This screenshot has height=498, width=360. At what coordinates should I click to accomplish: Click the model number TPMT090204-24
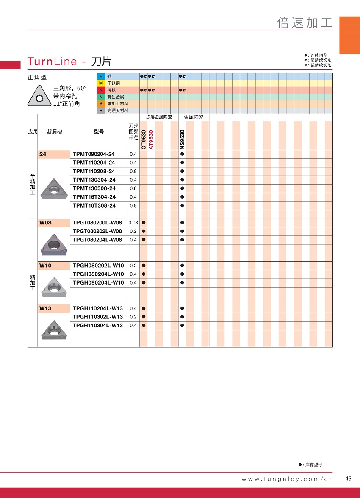coord(94,154)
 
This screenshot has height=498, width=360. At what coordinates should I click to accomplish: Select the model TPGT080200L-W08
coord(97,223)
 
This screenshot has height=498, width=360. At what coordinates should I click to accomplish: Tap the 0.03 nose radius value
coord(133,223)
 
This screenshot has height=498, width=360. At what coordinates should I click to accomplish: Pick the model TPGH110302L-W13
coord(97,317)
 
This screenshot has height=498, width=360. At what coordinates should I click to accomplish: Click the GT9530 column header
coord(144,139)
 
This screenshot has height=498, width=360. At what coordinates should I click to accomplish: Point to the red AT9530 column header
coord(151,139)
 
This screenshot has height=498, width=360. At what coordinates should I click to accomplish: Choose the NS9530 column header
coord(182,139)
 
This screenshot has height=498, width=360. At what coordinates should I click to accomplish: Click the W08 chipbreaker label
coord(45,223)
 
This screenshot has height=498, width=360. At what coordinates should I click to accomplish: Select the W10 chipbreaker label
coord(45,266)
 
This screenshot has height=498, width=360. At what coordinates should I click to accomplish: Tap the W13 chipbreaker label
coord(45,308)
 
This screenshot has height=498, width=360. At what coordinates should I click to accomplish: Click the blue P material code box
coord(101,76)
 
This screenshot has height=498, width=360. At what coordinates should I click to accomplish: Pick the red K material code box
coord(101,90)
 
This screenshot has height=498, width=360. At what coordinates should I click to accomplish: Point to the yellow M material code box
coord(101,83)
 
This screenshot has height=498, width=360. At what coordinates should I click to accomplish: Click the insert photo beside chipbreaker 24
coord(54,188)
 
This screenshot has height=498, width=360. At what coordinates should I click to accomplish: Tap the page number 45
coord(348,479)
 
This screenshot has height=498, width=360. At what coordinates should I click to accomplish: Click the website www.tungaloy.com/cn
coord(287,479)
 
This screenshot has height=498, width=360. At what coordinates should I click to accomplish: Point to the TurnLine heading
coord(52,61)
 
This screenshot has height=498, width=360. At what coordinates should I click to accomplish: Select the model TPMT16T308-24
coord(94,205)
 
